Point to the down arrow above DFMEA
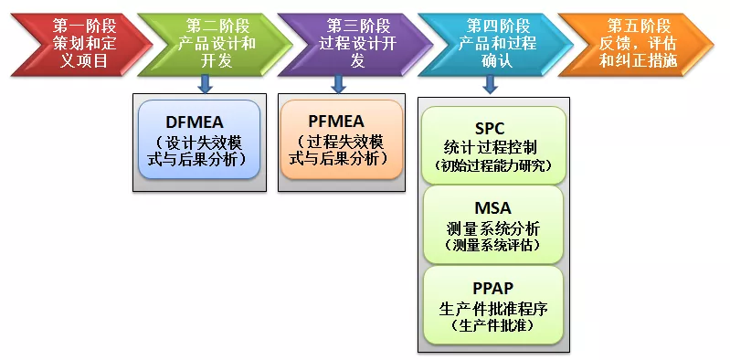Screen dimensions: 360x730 (x=206, y=83)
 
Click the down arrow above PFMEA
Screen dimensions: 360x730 (x=339, y=83)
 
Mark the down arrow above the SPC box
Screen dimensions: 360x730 (x=491, y=83)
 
